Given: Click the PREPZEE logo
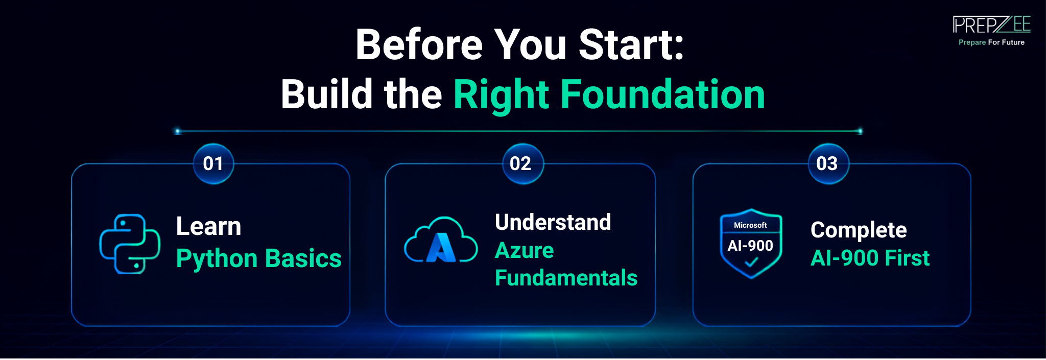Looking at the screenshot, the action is click(x=991, y=25).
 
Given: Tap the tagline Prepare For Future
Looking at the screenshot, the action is click(x=991, y=42).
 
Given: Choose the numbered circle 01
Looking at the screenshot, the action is click(x=213, y=163).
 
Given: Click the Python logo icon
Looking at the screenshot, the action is click(x=130, y=244).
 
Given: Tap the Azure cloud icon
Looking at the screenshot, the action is click(x=441, y=240).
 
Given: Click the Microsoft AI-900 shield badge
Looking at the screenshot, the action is click(x=751, y=244).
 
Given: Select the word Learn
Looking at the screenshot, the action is click(x=208, y=226).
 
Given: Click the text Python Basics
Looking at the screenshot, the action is click(x=258, y=258).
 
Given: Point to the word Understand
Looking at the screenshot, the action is click(x=553, y=222).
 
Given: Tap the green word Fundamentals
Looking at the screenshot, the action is click(x=566, y=278).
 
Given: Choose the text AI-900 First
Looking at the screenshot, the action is click(x=870, y=258).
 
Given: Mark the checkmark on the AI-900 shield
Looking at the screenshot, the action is click(x=751, y=262).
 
